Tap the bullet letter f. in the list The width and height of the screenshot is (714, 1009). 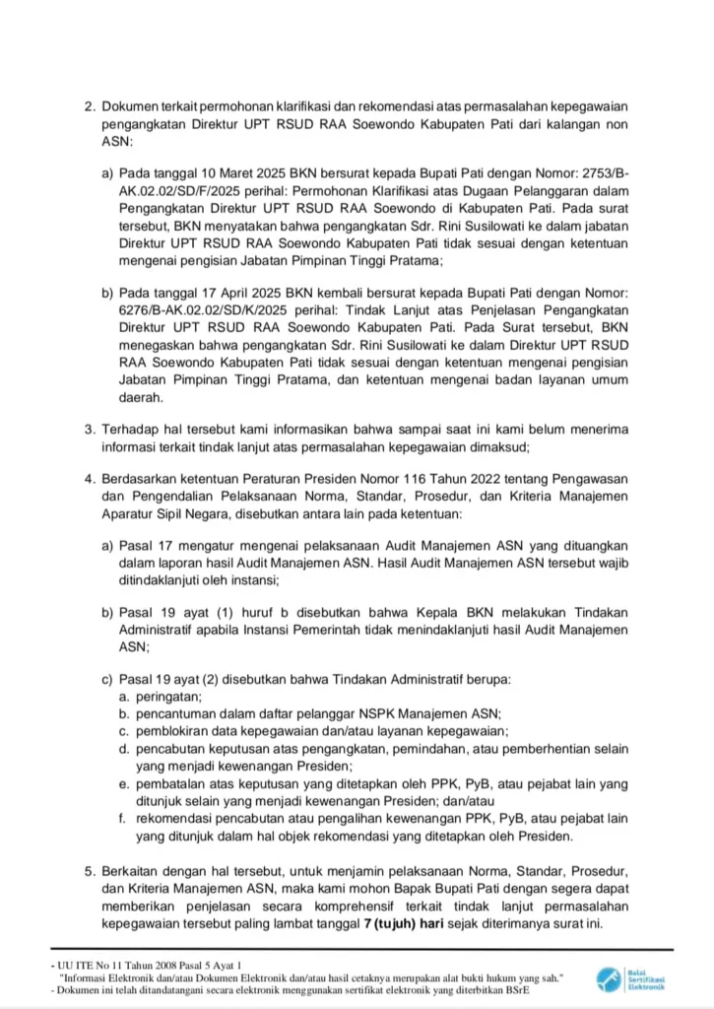[123, 819]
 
